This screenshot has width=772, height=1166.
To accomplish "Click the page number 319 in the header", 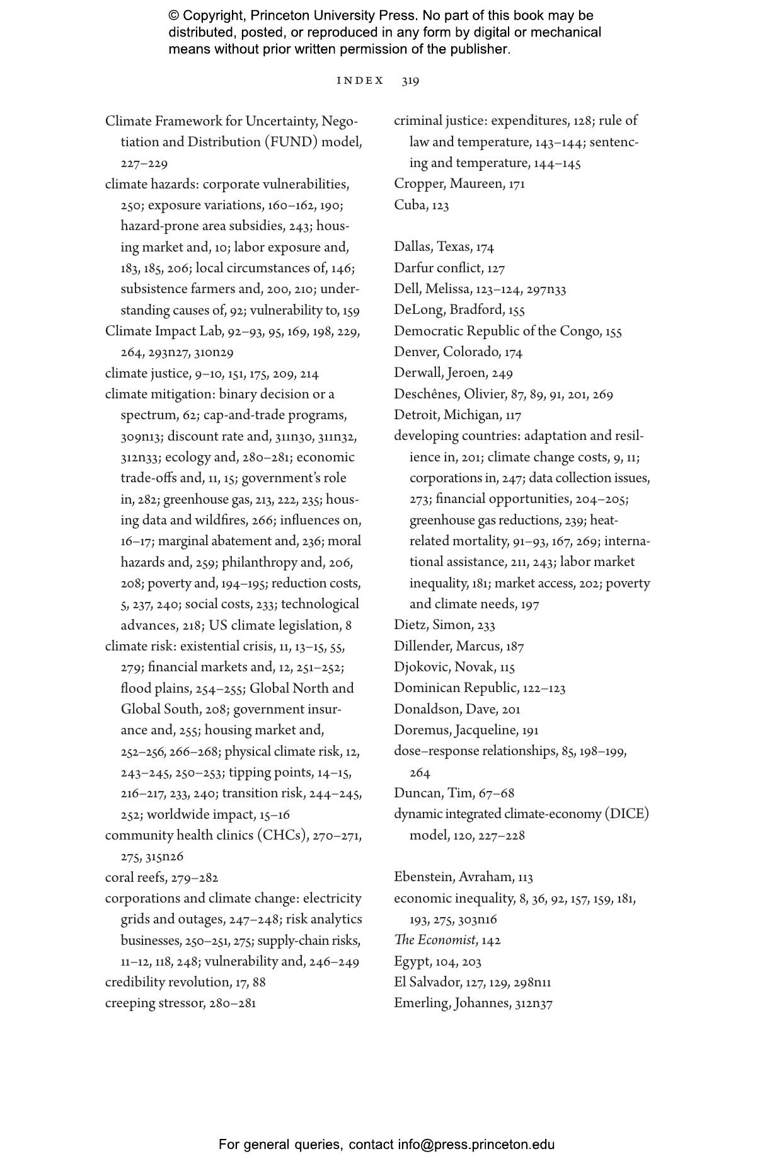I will (x=410, y=81).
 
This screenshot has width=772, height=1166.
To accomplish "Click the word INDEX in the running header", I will (x=360, y=81).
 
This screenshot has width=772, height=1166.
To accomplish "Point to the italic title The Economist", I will (x=434, y=940).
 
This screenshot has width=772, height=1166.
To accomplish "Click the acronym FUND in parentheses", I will (x=292, y=142).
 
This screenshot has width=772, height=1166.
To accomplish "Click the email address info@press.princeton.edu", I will (x=476, y=1145).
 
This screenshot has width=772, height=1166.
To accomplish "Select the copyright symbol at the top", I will (x=174, y=16).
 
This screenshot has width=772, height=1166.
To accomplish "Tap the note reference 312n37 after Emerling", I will (x=534, y=1003).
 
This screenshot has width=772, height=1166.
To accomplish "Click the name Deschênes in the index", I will (x=426, y=395).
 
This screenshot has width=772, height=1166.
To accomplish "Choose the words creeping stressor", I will (x=154, y=1003).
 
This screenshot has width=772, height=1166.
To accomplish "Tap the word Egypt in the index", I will (x=412, y=962).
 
